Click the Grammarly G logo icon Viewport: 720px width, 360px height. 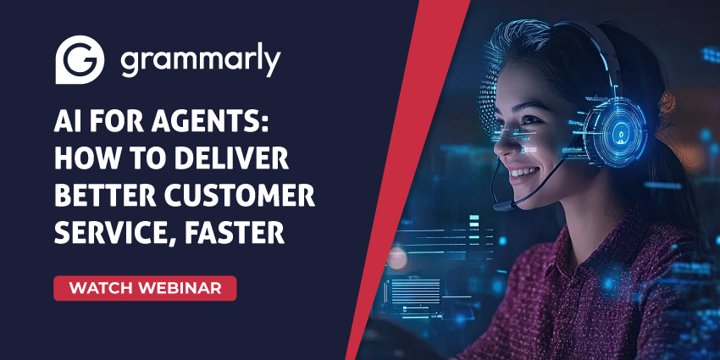pyautogui.click(x=80, y=59)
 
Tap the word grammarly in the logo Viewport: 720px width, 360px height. pyautogui.click(x=201, y=61)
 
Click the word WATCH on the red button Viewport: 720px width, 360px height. pyautogui.click(x=101, y=288)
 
